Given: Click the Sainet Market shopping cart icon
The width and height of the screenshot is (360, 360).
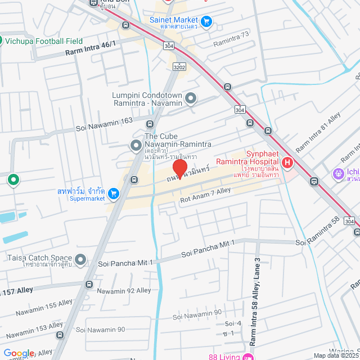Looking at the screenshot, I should pyautogui.click(x=206, y=21).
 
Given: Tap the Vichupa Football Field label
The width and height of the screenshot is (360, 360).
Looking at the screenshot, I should pyautogui.click(x=44, y=41).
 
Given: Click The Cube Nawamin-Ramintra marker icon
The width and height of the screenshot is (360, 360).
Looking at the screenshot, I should pyautogui.click(x=136, y=146).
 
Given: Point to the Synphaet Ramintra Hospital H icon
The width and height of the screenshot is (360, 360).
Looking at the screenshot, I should pyautogui.click(x=287, y=163).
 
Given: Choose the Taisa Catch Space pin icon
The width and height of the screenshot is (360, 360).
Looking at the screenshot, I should pyautogui.click(x=81, y=259).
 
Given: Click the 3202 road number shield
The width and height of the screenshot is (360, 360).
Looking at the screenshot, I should pyautogui.click(x=179, y=67).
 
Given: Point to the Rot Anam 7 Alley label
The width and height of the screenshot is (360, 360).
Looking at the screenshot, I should pyautogui.click(x=205, y=195).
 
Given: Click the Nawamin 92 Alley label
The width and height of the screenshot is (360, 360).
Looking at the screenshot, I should pyautogui.click(x=124, y=291).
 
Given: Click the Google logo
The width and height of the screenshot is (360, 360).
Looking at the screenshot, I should pyautogui.click(x=19, y=353).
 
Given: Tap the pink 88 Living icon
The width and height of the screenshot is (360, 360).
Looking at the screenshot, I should pyautogui.click(x=245, y=357).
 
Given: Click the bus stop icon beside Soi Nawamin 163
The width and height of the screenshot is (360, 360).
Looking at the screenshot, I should pyautogui.click(x=150, y=124).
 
